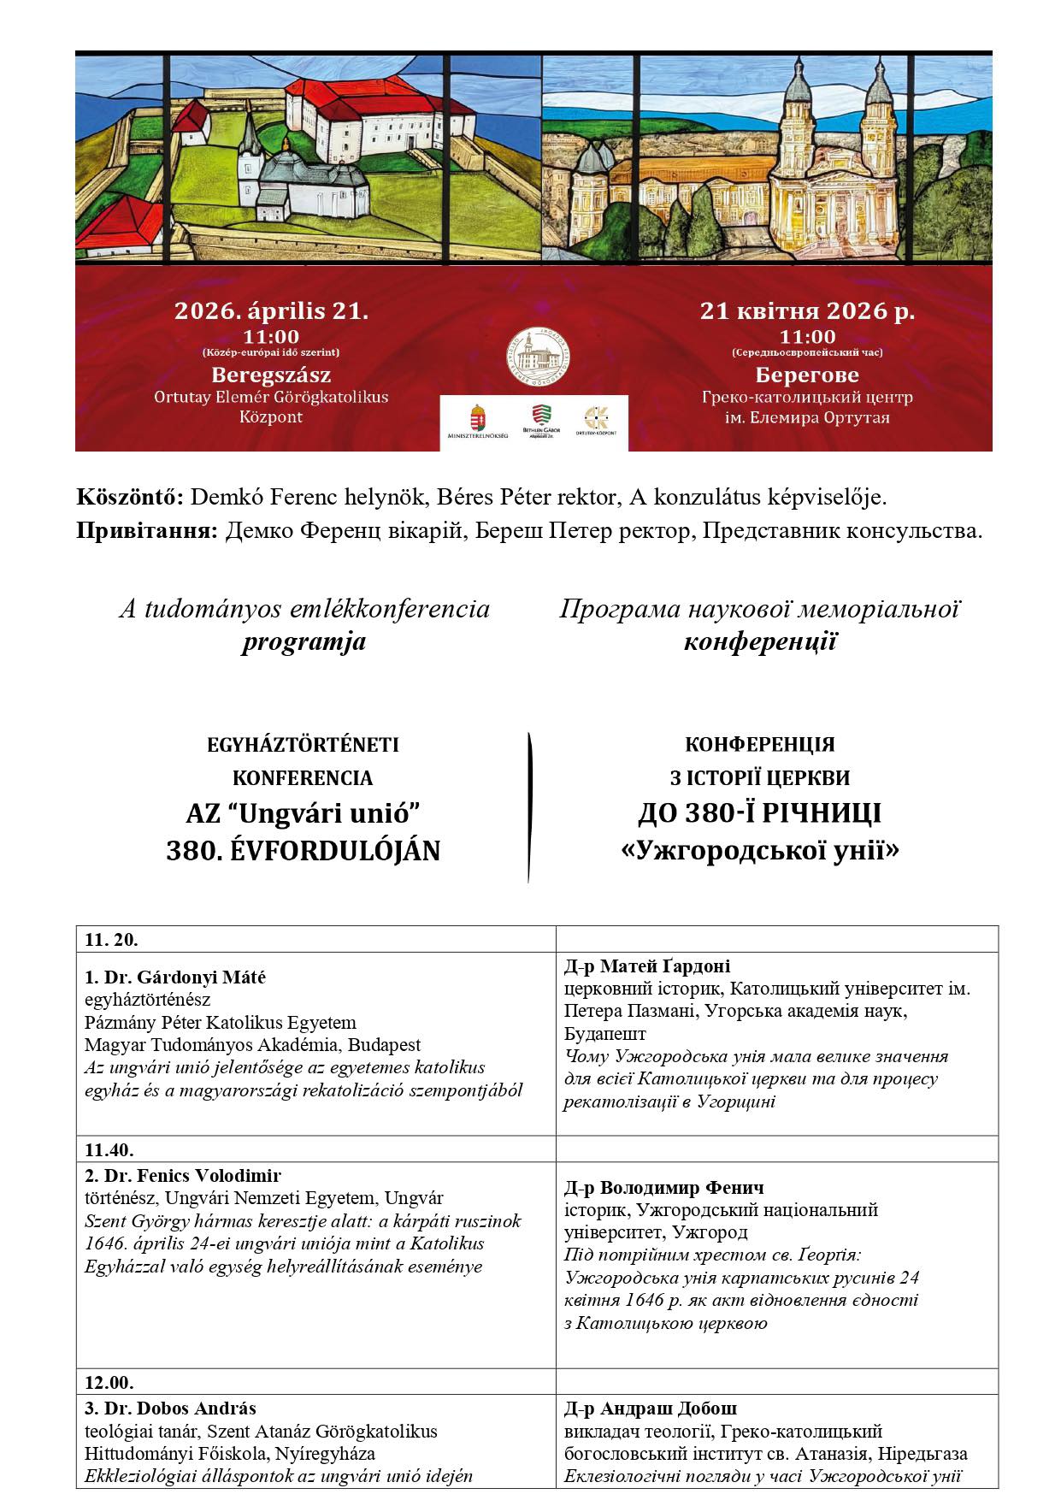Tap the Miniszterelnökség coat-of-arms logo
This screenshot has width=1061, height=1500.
pos(479,420)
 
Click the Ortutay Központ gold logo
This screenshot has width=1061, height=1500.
pos(595,419)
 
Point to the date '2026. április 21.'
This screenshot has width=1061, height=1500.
pos(272,310)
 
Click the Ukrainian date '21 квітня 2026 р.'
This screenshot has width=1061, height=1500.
pos(807,310)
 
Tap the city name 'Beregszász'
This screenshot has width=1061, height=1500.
pos(271,375)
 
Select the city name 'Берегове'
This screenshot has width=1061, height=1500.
pos(807,375)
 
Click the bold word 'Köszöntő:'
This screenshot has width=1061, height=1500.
pos(130,497)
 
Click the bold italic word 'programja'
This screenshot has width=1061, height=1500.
pos(304,641)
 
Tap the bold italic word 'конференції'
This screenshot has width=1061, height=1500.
pos(760,641)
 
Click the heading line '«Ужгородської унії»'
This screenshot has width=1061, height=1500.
pos(759,851)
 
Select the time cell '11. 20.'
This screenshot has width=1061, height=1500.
pos(111,940)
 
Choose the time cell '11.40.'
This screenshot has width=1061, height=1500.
pos(109,1149)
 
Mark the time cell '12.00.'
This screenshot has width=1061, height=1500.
pos(109,1382)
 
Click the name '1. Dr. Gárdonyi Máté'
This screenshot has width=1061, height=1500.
pos(175,977)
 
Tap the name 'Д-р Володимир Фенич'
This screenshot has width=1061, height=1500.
pos(664,1188)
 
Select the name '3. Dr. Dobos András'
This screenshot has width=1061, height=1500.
pos(170,1408)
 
